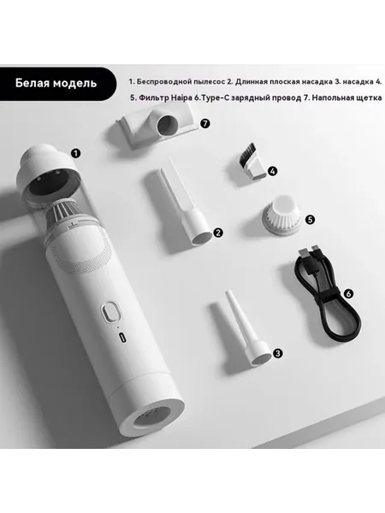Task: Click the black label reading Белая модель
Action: point(56,84)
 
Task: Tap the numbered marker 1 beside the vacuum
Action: point(76,153)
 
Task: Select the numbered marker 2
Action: point(217,233)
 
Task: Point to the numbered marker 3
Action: point(277,353)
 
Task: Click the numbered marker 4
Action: point(272,171)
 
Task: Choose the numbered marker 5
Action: point(310,219)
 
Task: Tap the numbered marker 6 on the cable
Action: point(348,293)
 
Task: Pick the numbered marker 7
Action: point(205,123)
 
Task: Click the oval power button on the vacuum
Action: point(110,312)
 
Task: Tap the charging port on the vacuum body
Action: point(122,338)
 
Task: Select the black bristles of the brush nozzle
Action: point(248,153)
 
